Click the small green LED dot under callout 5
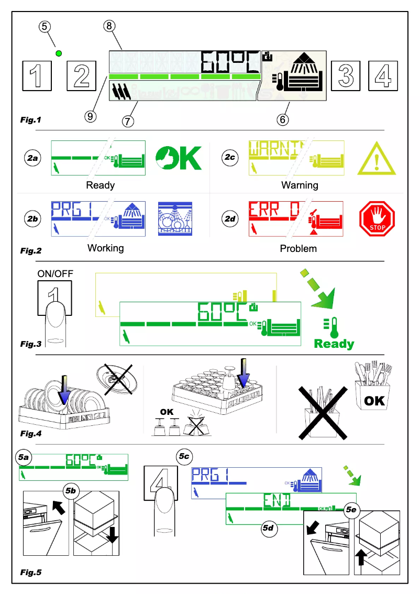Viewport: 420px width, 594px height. coord(59,53)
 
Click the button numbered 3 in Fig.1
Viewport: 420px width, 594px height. coord(345,74)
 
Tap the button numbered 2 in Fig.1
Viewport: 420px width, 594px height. coord(82,74)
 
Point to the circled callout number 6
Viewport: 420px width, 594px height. coord(282,119)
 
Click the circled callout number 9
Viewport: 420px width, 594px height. coord(91,116)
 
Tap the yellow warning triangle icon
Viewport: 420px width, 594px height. coord(376,158)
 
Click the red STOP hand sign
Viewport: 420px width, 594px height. coord(377,218)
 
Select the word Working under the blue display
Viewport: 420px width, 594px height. coord(105,248)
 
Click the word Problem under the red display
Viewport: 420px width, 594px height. coord(298,248)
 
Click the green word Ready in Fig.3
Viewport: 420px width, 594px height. coord(334,344)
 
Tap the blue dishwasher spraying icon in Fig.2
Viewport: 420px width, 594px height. coord(175,218)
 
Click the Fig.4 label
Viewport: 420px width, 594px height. coord(31,433)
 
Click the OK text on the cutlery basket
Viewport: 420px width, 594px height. coord(374,401)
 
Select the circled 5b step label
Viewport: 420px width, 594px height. coord(71,491)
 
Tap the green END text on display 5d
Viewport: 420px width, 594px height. coord(278,501)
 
